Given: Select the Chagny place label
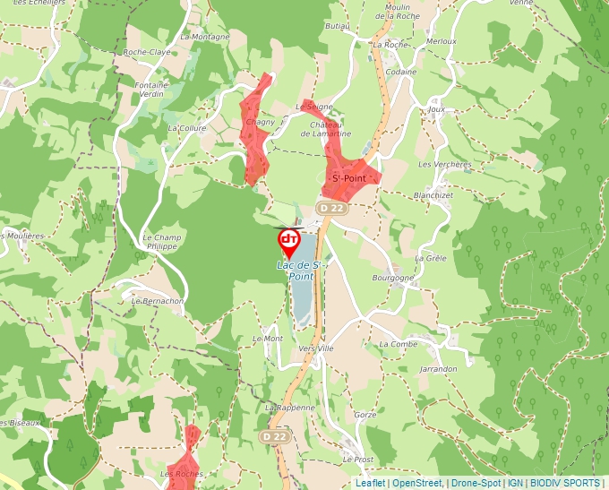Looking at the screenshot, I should (x=260, y=122).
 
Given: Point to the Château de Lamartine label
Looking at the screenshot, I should (x=330, y=128).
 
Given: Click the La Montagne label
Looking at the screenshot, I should (x=205, y=37).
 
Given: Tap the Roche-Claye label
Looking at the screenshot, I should (x=147, y=52).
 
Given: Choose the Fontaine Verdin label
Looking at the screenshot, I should (x=151, y=90).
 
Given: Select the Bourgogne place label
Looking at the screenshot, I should (x=393, y=278).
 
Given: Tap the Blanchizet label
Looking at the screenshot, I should (x=436, y=194).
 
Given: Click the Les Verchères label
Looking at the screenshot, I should (x=445, y=165).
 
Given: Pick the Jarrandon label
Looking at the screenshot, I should (x=438, y=368).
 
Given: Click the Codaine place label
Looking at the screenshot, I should (x=402, y=72).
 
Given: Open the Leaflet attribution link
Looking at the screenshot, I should (x=369, y=484).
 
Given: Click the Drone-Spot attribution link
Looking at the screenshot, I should (x=475, y=484).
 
